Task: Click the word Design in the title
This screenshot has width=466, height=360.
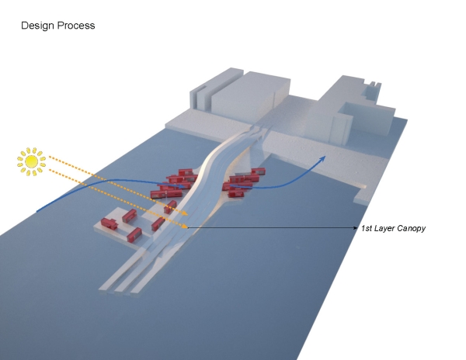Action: click(x=38, y=26)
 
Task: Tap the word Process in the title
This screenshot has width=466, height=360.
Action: click(x=76, y=26)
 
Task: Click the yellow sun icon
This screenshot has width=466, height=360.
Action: click(x=31, y=161)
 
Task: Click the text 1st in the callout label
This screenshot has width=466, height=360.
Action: click(x=367, y=228)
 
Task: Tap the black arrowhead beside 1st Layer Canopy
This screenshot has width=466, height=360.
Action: click(x=356, y=228)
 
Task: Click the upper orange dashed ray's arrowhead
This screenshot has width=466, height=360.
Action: click(x=185, y=213)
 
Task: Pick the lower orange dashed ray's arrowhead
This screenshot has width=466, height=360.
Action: click(x=185, y=227)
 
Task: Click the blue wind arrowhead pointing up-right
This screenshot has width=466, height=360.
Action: click(x=322, y=158)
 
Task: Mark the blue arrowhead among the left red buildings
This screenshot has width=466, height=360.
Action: click(x=181, y=186)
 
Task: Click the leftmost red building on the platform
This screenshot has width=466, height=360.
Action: click(x=109, y=223)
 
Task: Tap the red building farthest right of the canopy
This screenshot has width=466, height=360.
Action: click(x=259, y=171)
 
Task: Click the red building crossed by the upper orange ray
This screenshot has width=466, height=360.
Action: click(x=170, y=207)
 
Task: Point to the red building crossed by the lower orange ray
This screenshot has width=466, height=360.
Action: click(x=158, y=224)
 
